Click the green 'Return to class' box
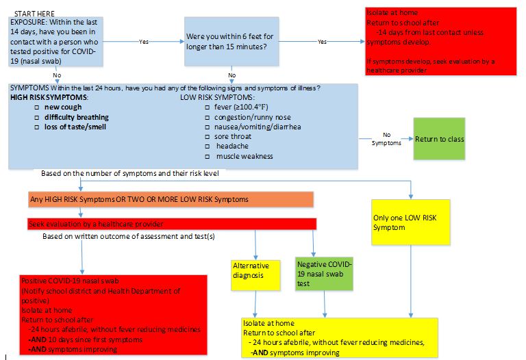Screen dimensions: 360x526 point(439,139)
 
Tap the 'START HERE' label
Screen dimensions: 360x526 point(34,14)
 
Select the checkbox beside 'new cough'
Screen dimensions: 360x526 point(38,107)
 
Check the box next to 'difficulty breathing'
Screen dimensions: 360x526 point(38,117)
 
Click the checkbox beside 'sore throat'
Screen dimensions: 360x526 point(208,137)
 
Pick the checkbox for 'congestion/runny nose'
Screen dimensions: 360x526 point(208,117)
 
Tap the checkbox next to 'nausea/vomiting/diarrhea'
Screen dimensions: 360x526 point(208,127)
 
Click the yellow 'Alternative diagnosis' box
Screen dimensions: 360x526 point(255,270)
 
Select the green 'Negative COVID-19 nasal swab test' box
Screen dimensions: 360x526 point(324,273)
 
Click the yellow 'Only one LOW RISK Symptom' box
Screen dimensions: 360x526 point(411,222)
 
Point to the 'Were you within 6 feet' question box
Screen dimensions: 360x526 point(231,43)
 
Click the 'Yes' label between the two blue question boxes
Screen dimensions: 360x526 point(144,42)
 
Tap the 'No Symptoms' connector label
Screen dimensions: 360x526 point(386,139)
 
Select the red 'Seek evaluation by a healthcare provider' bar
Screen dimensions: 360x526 point(171,224)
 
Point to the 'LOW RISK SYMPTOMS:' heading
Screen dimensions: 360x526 point(216,98)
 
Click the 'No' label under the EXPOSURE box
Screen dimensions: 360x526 point(56,75)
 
